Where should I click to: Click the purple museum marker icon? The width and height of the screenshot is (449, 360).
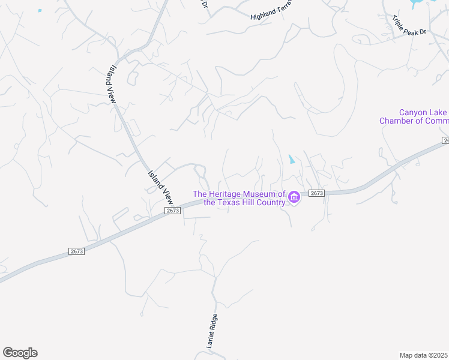[x=294, y=197]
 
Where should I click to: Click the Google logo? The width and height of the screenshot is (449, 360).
[x=20, y=353]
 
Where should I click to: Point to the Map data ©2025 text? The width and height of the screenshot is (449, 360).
[x=424, y=355]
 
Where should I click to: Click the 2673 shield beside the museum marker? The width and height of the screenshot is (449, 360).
[x=317, y=193]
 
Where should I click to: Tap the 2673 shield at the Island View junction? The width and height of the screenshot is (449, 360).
[x=173, y=211]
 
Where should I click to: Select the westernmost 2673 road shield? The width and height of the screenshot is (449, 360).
[x=76, y=251]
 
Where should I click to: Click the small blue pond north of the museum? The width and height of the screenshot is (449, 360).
[x=292, y=160]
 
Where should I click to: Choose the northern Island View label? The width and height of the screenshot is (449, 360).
[x=112, y=85]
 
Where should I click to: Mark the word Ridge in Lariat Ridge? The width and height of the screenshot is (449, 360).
[x=211, y=323]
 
